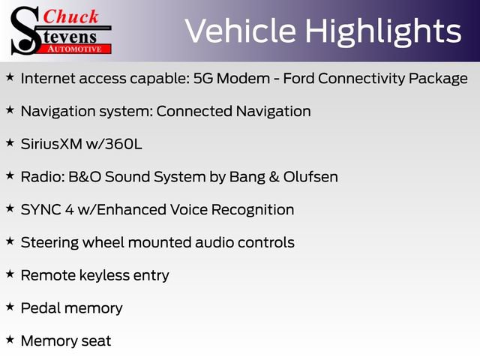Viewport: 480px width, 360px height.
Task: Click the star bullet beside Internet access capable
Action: [10, 77]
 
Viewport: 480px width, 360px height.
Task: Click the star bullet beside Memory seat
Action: [10, 340]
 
